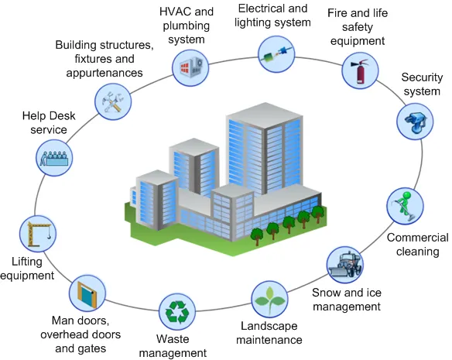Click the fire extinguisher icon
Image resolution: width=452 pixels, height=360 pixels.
click(359, 70)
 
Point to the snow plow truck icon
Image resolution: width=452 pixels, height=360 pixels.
click(344, 266)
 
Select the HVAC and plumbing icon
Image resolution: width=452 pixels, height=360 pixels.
click(190, 64)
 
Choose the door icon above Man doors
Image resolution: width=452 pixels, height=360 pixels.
click(86, 293)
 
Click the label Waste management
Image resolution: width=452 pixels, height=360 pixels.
click(173, 346)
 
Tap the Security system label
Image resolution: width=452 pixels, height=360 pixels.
click(423, 84)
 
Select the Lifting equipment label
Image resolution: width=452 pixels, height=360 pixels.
click(27, 268)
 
